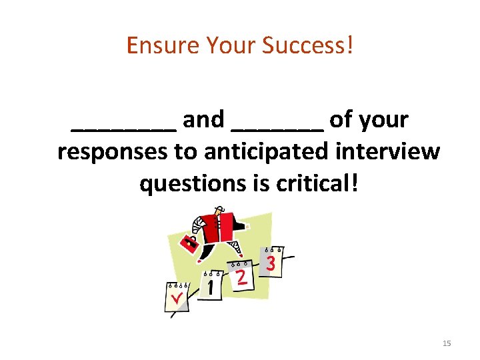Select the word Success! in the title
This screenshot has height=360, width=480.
click(307, 45)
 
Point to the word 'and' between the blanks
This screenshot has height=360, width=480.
click(203, 120)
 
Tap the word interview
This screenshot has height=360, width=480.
click(390, 152)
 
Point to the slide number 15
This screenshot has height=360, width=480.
click(446, 343)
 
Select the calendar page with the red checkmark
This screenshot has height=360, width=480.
click(175, 297)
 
